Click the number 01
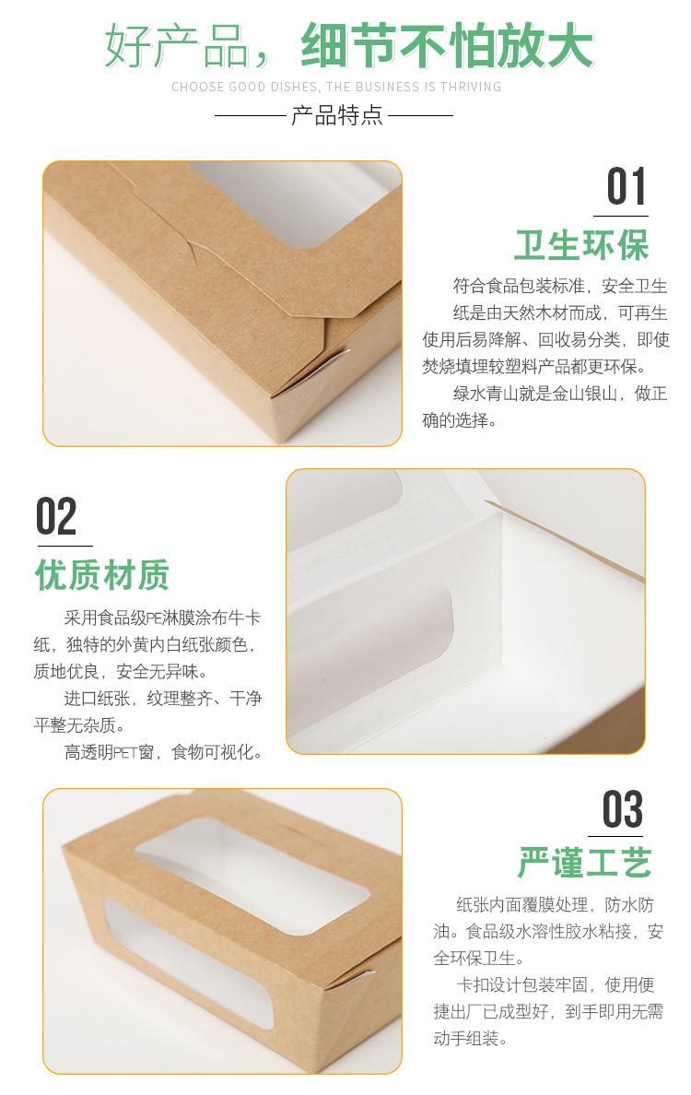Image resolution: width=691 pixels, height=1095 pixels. click(x=627, y=186)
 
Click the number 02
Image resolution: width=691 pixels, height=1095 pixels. click(x=56, y=516)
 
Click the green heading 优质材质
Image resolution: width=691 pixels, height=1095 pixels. click(x=102, y=575)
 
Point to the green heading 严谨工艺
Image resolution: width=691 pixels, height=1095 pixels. click(x=585, y=862)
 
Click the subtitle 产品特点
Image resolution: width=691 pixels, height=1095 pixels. click(x=336, y=115)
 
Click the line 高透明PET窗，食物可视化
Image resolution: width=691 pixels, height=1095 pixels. click(x=164, y=752)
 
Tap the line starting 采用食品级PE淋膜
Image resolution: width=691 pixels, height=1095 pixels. click(x=163, y=618)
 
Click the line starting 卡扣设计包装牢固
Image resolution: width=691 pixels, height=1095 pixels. click(x=555, y=984)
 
